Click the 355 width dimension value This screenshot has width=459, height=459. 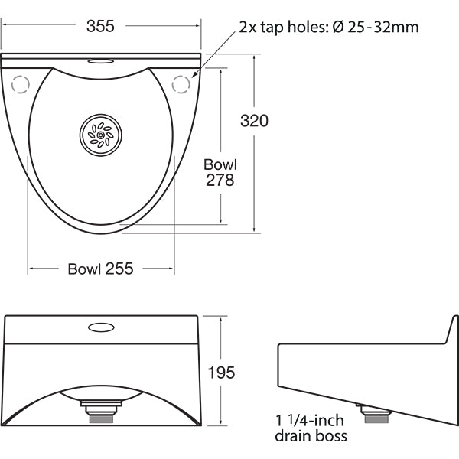100,26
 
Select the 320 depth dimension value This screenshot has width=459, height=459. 254,121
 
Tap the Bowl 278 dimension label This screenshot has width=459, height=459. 220,172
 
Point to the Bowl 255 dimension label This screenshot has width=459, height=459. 101,269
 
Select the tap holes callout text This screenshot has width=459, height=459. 328,27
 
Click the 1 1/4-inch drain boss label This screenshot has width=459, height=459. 311,428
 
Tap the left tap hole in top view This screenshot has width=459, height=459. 21,83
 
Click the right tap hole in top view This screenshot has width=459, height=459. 181,83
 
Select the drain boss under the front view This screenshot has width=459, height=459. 101,414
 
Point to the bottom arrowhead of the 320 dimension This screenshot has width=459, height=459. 254,228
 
